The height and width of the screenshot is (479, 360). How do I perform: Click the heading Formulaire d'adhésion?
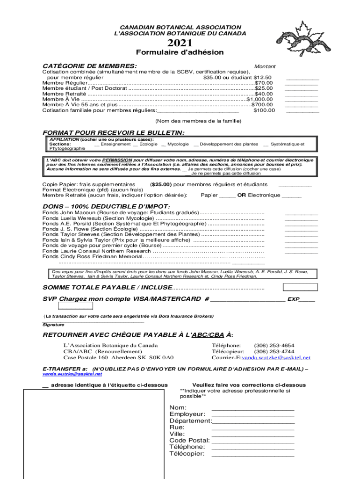pyautogui.click(x=180, y=52)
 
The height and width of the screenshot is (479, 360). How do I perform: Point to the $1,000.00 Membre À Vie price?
pyautogui.click(x=259, y=99)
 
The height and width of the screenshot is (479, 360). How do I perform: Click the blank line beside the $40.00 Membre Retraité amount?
pyautogui.click(x=301, y=95)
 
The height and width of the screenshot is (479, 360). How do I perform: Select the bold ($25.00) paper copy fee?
pyautogui.click(x=161, y=184)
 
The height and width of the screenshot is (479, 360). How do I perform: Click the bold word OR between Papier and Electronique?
pyautogui.click(x=242, y=195)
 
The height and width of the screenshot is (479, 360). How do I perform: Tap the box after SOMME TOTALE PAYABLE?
pyautogui.click(x=300, y=287)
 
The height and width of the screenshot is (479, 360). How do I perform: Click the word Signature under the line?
pyautogui.click(x=53, y=324)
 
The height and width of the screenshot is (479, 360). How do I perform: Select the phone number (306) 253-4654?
pyautogui.click(x=274, y=345)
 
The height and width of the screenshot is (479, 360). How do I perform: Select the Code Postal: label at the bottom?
pyautogui.click(x=189, y=440)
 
